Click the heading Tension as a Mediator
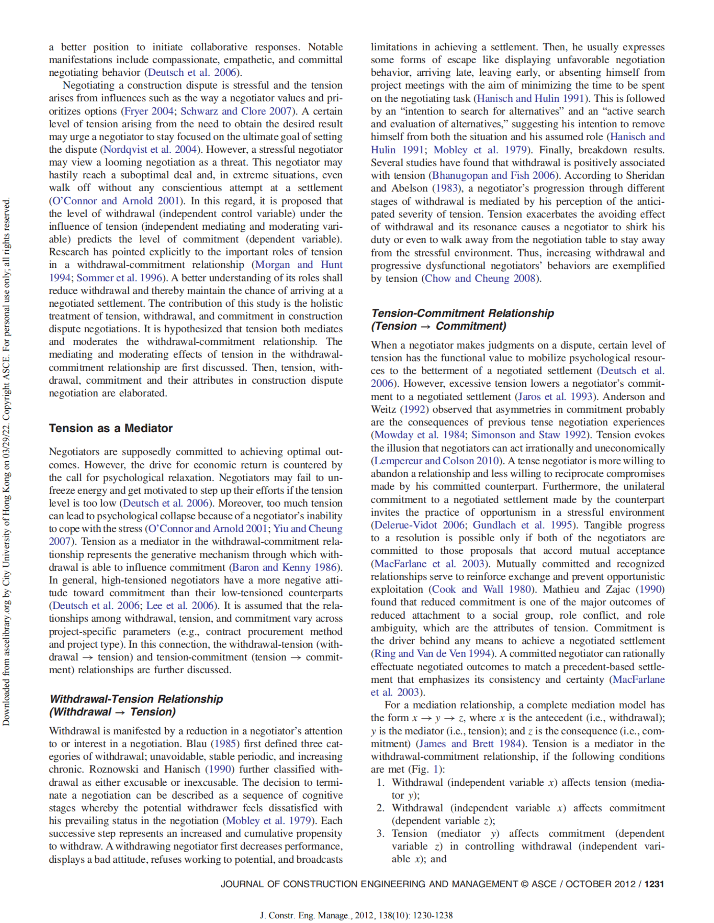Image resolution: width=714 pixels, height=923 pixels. pos(111,428)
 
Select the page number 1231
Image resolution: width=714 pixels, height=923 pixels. pos(654,884)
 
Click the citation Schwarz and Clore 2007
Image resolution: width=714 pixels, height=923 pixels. pos(236,111)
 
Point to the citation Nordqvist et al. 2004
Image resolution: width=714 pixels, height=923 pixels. pos(150,150)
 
